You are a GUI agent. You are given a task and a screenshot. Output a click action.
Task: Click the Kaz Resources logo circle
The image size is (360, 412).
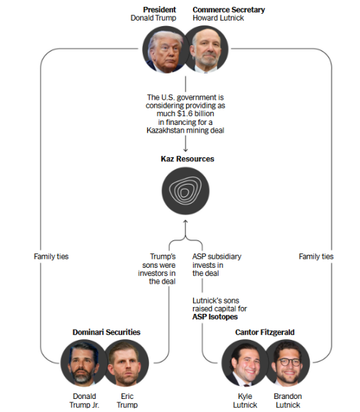[185, 191]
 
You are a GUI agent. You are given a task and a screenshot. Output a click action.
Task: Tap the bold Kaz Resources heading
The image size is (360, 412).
[188, 159]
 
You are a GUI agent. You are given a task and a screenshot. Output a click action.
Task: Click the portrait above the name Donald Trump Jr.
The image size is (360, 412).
[84, 363]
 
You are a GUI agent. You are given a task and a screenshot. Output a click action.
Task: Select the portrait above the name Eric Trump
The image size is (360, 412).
[126, 363]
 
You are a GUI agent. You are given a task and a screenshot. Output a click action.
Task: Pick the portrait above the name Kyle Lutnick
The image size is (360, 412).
[245, 363]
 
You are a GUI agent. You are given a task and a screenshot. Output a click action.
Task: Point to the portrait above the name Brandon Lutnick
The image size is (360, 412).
[287, 363]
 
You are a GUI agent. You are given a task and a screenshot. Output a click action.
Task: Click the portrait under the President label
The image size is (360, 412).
[166, 49]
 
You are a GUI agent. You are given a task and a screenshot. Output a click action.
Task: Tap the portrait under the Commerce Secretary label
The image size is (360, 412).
[206, 49]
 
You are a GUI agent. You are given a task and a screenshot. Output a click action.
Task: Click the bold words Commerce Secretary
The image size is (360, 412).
[229, 10]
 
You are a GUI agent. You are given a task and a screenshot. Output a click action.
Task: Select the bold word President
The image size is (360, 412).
[159, 10]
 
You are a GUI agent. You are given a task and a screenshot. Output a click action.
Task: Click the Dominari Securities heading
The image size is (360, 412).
[106, 332]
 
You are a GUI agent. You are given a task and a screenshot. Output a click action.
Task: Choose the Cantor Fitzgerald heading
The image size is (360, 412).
[265, 332]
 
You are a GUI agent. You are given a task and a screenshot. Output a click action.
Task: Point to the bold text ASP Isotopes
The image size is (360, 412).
[215, 317]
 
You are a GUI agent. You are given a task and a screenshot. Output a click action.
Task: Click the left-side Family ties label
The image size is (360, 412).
[51, 256]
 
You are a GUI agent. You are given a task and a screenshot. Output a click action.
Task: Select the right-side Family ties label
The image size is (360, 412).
[316, 256]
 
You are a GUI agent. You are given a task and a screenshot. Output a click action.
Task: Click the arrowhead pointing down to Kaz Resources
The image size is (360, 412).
[185, 150]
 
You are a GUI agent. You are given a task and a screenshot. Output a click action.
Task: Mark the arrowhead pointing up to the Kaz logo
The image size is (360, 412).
[185, 221]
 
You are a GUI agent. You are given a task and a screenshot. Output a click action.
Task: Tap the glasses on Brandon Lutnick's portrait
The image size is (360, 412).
[289, 362]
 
